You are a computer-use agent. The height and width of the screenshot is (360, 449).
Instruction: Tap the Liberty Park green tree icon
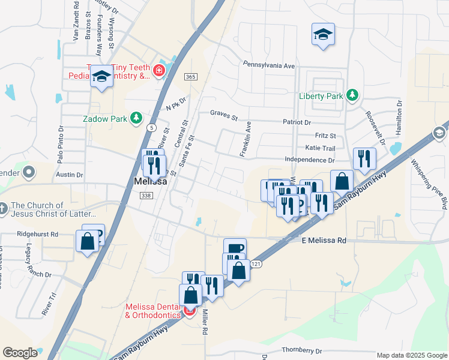[353, 95]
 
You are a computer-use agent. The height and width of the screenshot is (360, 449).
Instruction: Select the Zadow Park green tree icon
[137, 118]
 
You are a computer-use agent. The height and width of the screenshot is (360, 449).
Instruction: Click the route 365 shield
[191, 77]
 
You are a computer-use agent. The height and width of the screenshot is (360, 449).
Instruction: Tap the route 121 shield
[256, 265]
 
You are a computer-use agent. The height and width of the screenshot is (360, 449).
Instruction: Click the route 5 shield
[152, 127]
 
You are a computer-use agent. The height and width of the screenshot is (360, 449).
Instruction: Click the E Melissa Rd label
[324, 240]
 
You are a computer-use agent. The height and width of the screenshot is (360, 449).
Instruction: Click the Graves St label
[224, 113]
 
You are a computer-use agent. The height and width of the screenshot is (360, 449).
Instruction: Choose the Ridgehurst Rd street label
[37, 234]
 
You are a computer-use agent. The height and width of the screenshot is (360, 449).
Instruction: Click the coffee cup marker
[235, 247]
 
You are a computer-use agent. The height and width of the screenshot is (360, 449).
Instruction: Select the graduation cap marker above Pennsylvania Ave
[323, 35]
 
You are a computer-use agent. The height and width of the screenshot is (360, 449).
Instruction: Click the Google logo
[20, 353]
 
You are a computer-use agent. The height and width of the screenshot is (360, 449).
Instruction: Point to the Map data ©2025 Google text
[411, 355]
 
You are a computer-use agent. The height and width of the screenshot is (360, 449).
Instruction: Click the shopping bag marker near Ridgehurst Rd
[87, 241]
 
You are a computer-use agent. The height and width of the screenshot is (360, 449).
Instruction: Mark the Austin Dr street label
[70, 175]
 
